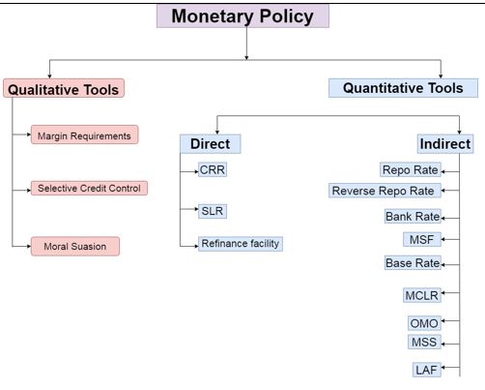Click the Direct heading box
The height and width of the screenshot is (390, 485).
209,144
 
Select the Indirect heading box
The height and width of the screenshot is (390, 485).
444,144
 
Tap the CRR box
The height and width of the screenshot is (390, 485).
213,169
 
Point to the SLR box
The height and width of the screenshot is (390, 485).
213,209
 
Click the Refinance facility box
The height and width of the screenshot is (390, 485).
240,243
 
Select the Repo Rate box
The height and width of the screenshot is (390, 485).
410,170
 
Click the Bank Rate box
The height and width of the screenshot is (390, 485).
413,216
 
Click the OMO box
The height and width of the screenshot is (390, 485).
424,322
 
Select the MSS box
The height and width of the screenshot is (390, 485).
424,342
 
